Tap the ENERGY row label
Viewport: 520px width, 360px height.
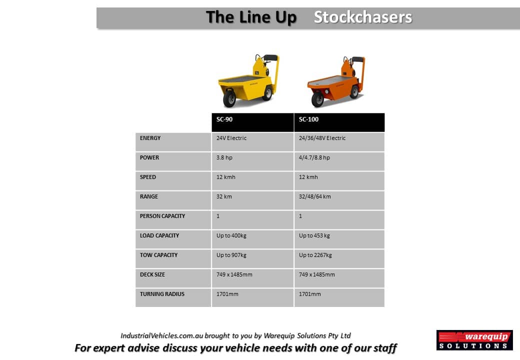click(x=150, y=138)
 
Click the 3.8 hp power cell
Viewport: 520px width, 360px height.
click(x=224, y=157)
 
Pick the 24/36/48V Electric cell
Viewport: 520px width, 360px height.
click(x=322, y=138)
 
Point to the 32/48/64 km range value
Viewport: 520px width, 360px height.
click(x=314, y=196)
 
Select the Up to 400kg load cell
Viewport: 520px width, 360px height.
click(x=231, y=235)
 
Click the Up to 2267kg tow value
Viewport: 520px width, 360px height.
click(x=315, y=255)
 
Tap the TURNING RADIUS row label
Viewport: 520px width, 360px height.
click(x=162, y=294)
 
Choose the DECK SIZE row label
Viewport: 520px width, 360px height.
click(x=152, y=274)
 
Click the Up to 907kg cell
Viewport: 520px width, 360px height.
click(x=231, y=255)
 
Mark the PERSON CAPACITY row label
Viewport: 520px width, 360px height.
click(x=162, y=216)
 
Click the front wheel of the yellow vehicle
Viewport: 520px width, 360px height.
click(x=229, y=98)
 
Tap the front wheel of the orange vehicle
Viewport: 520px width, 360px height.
click(x=317, y=99)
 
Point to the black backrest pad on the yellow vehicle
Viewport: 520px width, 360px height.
click(x=271, y=57)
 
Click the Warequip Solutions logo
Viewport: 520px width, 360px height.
click(x=474, y=340)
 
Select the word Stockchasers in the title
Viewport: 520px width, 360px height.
click(x=363, y=17)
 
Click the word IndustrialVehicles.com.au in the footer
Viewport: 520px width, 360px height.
click(x=162, y=336)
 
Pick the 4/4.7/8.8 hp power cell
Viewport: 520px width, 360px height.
click(x=314, y=157)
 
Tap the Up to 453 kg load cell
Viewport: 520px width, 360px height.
click(x=314, y=235)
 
